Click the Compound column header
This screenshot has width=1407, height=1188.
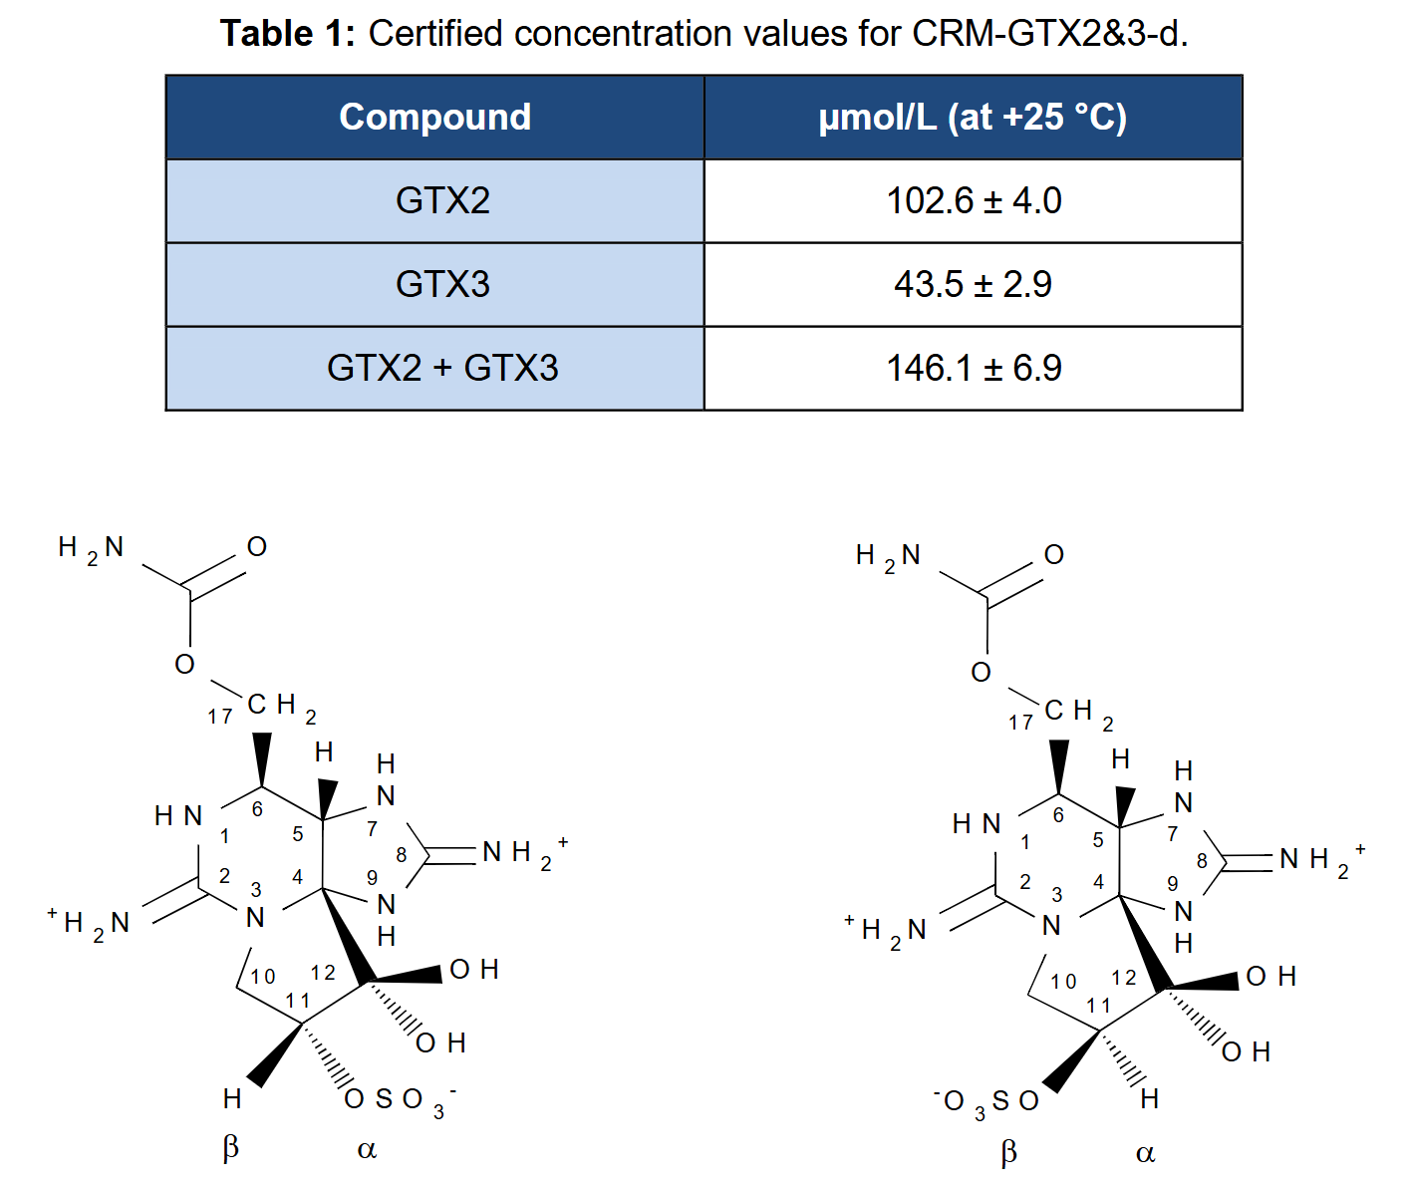434,118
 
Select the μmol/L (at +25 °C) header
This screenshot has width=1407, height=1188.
973,118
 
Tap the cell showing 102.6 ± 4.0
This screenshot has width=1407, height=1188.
973,200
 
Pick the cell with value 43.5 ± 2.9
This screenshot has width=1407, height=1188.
973,284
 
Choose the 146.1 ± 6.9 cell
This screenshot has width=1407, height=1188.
973,368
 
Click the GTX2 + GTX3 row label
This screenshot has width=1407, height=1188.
442,368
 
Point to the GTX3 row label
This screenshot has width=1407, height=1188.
442,284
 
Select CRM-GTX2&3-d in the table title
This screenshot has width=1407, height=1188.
1049,33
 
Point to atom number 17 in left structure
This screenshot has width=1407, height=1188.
219,717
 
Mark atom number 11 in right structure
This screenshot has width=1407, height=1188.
1098,1006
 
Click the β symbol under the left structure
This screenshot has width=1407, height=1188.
230,1147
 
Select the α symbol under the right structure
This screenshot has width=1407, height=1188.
1145,1154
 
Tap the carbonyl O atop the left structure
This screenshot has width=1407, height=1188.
257,546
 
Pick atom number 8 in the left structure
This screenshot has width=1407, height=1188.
401,854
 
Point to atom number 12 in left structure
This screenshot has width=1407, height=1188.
323,973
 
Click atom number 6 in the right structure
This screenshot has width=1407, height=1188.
1058,815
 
